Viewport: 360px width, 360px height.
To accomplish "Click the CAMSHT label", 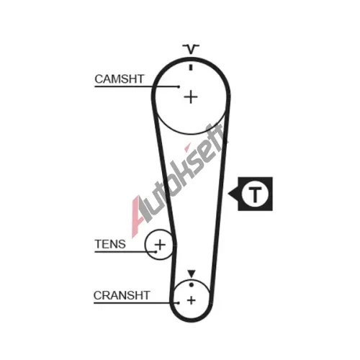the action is pos(120,79).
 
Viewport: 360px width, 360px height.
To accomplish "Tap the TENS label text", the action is pos(110,244).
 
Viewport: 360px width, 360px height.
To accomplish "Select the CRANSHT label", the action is pos(122,295).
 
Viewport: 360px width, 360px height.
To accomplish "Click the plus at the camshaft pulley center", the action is pos(191,97).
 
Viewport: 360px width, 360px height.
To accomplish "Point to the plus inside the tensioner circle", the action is pos(160,245).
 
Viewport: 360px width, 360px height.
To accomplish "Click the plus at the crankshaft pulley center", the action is pos(192,300).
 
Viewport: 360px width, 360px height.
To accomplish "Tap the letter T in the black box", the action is pos(255,194).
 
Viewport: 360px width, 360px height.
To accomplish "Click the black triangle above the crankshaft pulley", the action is pos(192,274).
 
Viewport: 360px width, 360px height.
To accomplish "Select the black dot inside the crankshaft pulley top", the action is pos(192,285).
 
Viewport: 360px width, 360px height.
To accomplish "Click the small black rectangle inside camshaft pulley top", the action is pos(191,68).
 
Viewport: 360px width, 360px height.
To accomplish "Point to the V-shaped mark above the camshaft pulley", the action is pos(191,49).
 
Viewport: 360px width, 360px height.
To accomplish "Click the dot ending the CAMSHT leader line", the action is pos(179,86).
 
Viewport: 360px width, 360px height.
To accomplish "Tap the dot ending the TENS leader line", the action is pos(156,252).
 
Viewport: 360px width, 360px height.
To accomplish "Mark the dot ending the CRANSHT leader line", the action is pos(179,303).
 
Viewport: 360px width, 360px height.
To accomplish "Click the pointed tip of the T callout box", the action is pos(228,194).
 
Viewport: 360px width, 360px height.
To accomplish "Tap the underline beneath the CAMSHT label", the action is pos(136,86).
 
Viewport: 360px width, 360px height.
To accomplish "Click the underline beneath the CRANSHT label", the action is pos(136,303).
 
